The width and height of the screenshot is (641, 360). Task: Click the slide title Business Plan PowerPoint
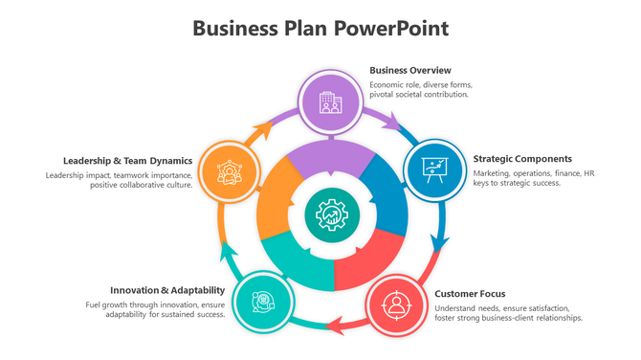320,28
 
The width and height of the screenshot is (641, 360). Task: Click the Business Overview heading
409,70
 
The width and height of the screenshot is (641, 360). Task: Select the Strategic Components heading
522,159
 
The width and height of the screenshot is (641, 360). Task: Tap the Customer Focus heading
470,294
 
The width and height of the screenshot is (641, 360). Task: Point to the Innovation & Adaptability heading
167,290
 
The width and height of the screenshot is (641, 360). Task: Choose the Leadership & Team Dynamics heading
128,161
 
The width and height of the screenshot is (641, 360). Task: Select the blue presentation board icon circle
435,169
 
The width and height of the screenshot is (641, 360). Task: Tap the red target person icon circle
395,304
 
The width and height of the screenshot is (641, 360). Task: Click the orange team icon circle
229,170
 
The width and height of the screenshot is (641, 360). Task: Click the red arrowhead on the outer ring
334,328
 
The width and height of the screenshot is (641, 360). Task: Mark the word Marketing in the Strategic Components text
493,173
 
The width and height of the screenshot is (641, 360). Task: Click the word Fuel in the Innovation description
94,304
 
